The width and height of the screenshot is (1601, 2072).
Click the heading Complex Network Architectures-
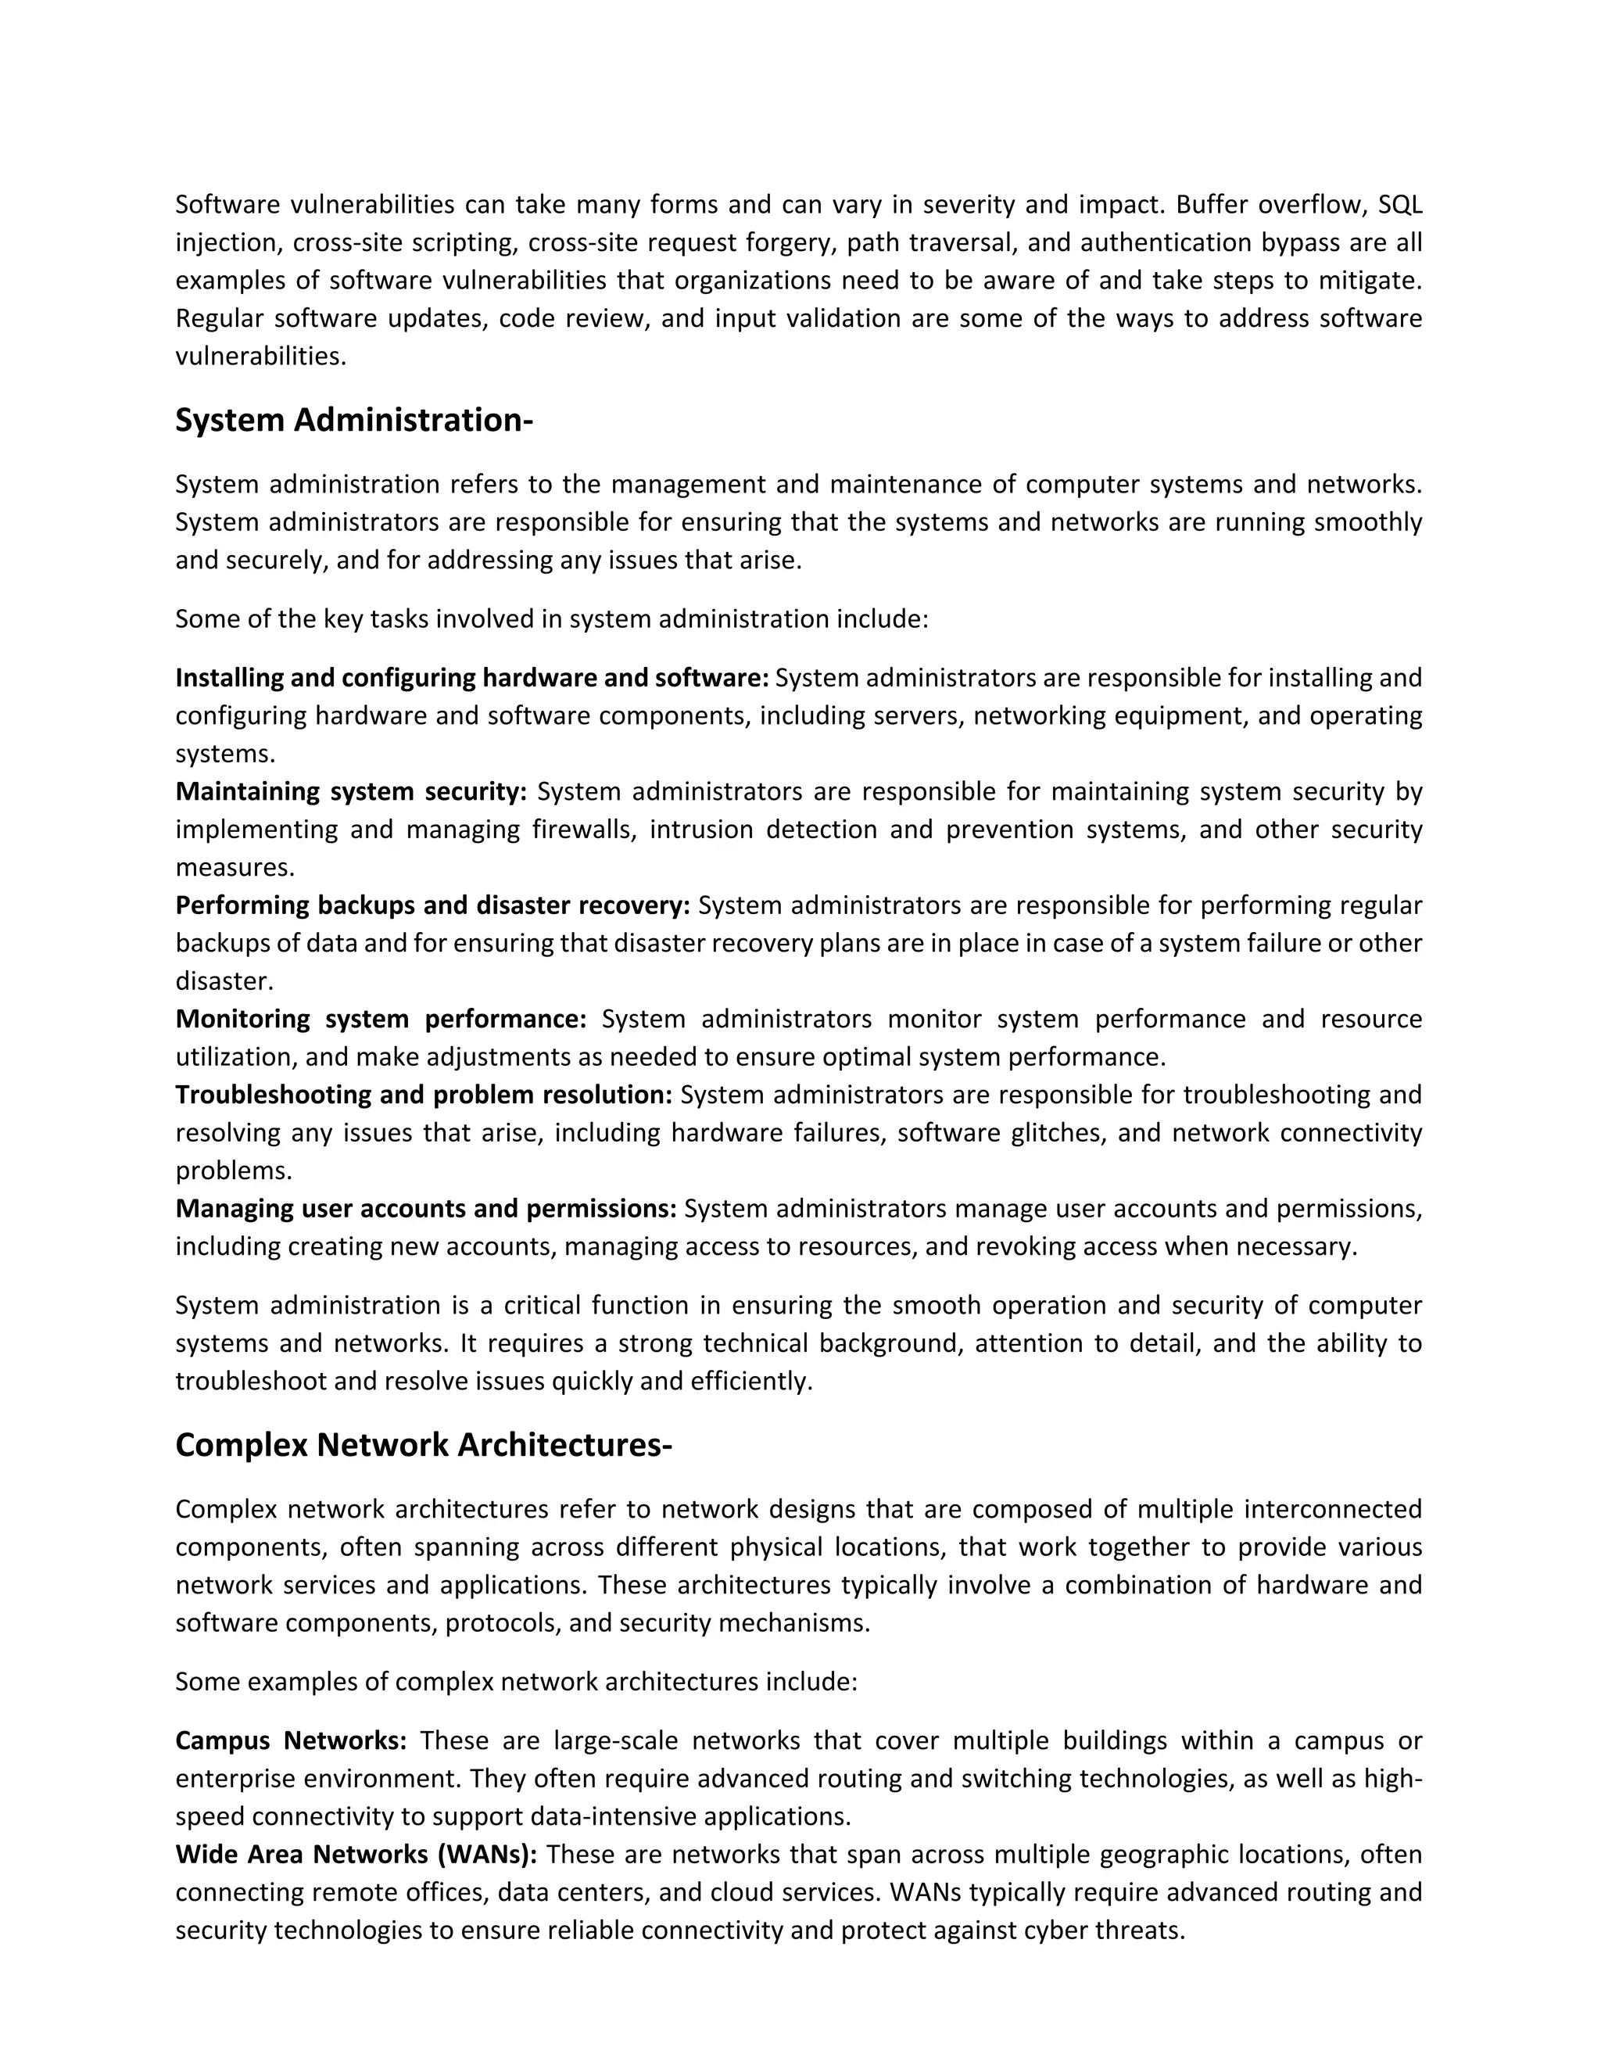(x=423, y=1444)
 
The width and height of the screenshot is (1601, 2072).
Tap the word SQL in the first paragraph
(x=1400, y=205)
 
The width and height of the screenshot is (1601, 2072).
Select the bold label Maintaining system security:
(x=351, y=791)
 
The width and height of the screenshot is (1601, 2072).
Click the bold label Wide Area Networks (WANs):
(x=356, y=1854)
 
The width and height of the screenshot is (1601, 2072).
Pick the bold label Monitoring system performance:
(x=381, y=1019)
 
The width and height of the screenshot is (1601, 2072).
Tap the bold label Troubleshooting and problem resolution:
(x=424, y=1095)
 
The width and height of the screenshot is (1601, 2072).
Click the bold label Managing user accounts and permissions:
(x=426, y=1209)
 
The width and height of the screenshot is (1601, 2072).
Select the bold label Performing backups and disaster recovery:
(x=432, y=905)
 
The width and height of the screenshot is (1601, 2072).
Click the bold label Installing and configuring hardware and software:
(x=472, y=679)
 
